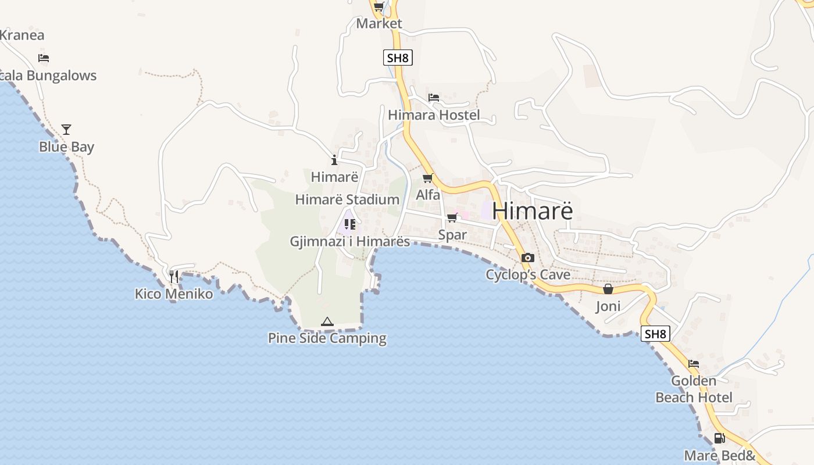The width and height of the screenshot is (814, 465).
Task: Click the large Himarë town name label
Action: coord(532,211)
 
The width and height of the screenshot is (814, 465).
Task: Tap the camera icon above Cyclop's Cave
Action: coord(528,257)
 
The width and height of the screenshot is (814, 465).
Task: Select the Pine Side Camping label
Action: coord(327,338)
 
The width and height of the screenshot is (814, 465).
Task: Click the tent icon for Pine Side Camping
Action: coord(327,321)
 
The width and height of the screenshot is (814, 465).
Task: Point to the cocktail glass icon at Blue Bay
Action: coord(66,129)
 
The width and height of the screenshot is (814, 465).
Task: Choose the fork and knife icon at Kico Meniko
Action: coord(173,277)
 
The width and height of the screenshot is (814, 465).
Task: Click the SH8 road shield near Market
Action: coord(398,58)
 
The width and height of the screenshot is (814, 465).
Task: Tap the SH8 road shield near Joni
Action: coord(655,334)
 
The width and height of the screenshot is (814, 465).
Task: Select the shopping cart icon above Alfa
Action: coord(428,178)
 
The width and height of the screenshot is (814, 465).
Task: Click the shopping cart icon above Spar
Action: coord(452,218)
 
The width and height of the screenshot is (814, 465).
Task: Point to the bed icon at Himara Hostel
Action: coord(434,97)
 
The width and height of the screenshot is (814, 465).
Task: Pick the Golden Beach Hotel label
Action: coord(694,389)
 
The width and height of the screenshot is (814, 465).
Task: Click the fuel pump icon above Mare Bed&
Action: coord(719,438)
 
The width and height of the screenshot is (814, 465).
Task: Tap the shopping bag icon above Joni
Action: coord(608,289)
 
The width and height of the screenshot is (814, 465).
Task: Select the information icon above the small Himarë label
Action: coord(334,160)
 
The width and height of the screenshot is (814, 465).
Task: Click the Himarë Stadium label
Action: coord(347,199)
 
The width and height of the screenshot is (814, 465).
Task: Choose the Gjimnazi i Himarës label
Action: coord(350,241)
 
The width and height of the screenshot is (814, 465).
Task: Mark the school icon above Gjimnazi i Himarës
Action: coord(350,224)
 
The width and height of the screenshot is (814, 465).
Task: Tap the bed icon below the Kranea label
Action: coord(44,58)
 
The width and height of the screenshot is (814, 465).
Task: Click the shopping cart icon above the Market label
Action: coord(379,7)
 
